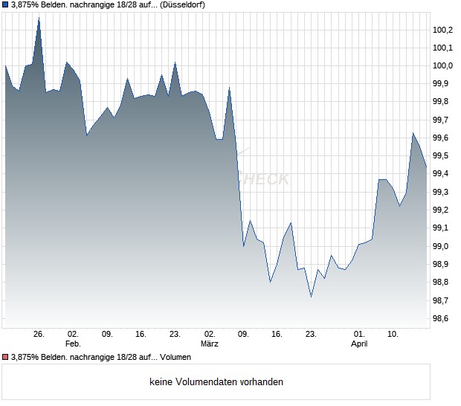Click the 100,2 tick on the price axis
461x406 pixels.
coord(442,30)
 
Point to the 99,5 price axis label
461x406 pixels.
coord(442,156)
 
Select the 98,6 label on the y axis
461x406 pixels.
coord(442,318)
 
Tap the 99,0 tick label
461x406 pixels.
coord(442,246)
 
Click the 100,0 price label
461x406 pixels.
coord(442,65)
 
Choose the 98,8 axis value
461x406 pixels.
coord(442,283)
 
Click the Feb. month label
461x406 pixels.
coord(72,344)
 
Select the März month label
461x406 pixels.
coord(209,344)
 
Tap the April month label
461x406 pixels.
coord(359,344)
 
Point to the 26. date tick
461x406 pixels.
coord(39,334)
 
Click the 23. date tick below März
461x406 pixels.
coord(311,334)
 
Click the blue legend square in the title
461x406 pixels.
coord(5,4)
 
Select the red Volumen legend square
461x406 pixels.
coord(5,358)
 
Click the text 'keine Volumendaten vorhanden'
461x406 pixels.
coord(216,382)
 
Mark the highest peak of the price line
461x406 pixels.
coord(39,17)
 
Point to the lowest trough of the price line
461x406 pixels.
coord(311,297)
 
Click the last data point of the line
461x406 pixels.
coord(426,168)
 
